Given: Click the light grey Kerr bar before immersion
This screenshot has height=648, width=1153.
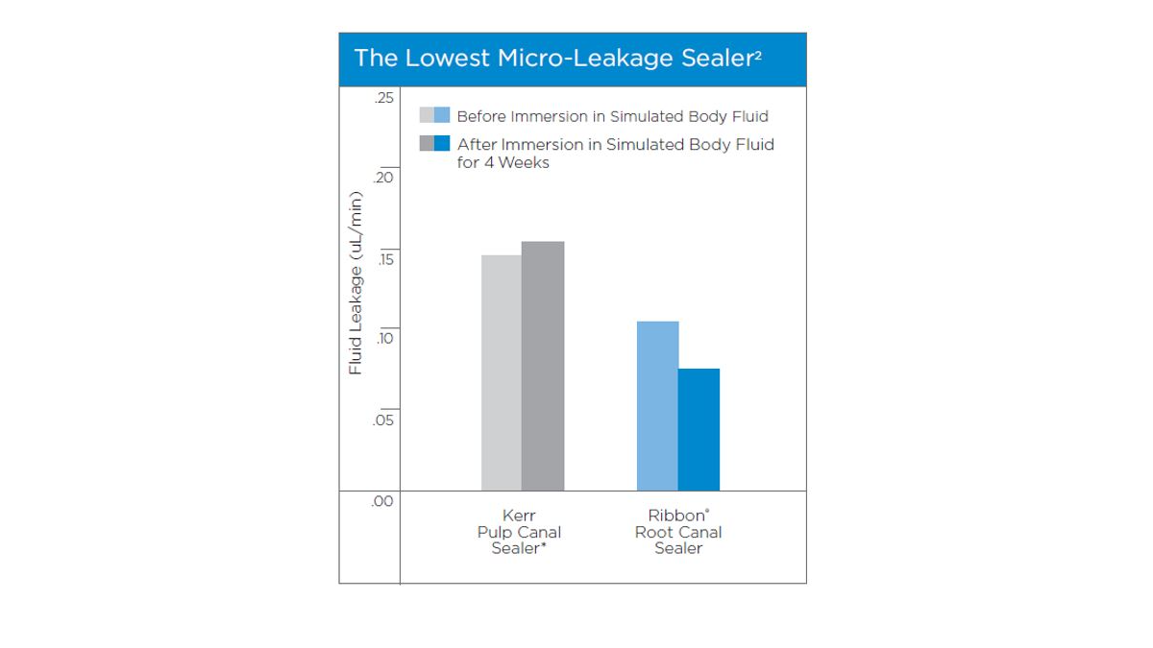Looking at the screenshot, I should (501, 372).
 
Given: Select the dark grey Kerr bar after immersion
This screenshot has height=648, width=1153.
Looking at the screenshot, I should (543, 366).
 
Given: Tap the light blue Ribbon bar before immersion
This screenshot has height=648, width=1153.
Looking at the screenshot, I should (657, 405).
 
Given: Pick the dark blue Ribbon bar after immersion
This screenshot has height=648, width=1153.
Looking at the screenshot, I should (699, 429).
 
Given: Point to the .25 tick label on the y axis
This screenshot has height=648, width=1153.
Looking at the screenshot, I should (383, 99).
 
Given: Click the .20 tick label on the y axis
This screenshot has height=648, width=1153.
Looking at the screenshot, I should (383, 179).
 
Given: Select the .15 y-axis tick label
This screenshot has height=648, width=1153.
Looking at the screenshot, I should (383, 259).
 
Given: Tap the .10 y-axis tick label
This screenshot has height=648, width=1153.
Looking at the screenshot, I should (383, 339).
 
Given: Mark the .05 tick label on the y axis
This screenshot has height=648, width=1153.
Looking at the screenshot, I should (383, 420).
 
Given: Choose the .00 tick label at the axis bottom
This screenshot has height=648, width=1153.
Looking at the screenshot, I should (383, 500).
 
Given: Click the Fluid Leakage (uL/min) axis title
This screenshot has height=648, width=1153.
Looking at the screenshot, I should (356, 283).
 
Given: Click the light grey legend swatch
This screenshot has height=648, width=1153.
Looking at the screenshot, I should (427, 116).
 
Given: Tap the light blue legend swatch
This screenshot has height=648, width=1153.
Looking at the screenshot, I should (442, 116).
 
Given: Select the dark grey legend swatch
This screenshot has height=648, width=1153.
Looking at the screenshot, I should (427, 144).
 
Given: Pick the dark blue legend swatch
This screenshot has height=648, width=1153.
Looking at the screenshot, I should (442, 144).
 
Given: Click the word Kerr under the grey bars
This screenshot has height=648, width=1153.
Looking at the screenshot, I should (519, 516).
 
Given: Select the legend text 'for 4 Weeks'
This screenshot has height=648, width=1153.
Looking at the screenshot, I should (503, 162).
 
